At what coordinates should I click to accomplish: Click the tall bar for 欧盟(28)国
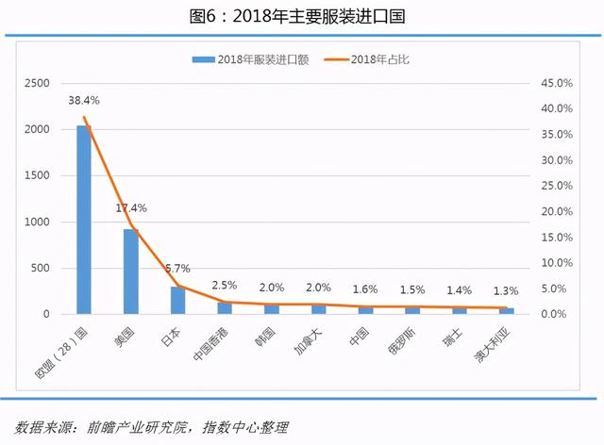[84, 220]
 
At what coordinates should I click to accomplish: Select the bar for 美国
[131, 272]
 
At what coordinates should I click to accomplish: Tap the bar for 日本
[177, 300]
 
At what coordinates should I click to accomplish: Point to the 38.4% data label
[83, 99]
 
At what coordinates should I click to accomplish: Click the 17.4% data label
[131, 207]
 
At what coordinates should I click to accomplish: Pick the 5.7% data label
[177, 268]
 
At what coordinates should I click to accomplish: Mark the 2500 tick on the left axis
[37, 83]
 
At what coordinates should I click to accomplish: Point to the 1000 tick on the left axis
[37, 222]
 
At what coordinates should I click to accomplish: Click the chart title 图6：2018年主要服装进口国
[302, 17]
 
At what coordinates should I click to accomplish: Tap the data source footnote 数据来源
[151, 427]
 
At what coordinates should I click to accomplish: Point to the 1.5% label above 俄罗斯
[412, 288]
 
